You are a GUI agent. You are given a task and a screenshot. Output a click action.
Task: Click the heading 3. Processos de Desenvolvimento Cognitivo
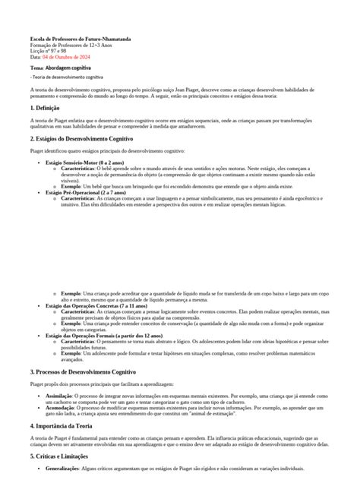tap(84, 371)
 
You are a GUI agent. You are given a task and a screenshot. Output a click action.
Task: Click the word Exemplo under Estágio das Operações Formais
tap(71, 353)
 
